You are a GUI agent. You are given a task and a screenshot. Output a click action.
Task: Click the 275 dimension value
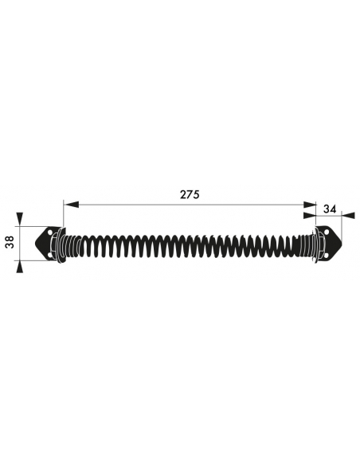tap(190, 194)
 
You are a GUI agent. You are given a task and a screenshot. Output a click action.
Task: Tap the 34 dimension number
tap(330, 209)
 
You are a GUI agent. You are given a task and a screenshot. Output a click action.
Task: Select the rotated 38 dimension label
tap(10, 242)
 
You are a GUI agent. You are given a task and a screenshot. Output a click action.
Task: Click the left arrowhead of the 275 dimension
tap(71, 205)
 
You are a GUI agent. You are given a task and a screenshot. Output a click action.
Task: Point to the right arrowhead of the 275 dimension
tap(308, 205)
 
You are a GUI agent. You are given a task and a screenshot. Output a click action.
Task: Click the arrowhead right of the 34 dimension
tap(349, 215)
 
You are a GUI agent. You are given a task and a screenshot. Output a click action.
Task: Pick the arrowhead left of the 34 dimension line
tap(310, 215)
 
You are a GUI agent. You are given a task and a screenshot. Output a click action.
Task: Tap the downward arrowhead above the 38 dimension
tap(19, 219)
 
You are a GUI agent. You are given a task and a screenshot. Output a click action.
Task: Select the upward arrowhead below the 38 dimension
tap(19, 266)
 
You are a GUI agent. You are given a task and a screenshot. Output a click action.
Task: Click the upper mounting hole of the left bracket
tap(49, 232)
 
